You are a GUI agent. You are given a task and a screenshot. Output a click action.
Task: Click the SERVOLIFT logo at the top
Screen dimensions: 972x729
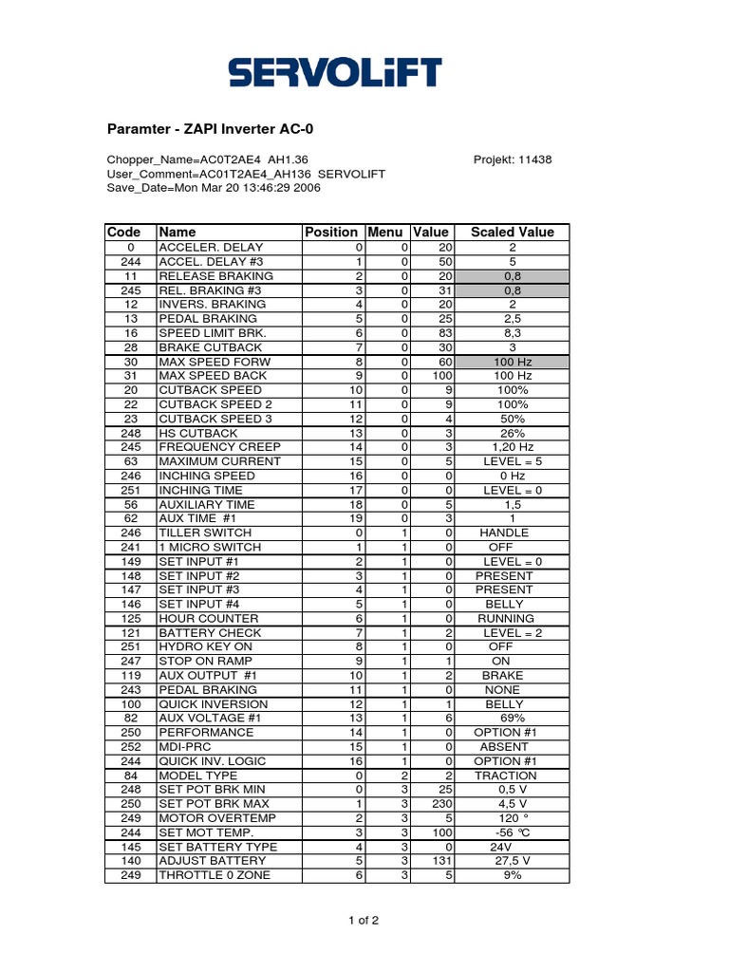coord(334,72)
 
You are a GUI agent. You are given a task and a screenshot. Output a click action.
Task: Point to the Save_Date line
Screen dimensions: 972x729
coord(214,188)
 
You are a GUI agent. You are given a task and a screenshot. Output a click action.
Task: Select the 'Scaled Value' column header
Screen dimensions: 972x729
coord(512,232)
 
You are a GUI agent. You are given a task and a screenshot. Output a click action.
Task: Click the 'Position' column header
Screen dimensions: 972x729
coord(331,232)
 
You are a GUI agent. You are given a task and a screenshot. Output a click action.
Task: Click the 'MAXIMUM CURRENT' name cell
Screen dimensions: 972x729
coord(219,461)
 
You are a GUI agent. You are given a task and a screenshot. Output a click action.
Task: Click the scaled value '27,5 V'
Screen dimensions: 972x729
coord(512,861)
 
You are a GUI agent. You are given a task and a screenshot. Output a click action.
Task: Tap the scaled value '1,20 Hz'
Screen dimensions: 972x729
coord(512,447)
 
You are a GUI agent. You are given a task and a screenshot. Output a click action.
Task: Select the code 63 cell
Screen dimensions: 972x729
coord(131,461)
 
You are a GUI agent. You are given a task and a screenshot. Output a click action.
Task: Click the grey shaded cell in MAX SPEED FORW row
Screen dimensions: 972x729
coord(512,362)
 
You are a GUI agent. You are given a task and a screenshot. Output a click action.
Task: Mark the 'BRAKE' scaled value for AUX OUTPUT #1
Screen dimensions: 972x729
coord(503,676)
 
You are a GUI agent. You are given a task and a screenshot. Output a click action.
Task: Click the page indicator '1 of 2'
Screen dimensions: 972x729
coord(364,920)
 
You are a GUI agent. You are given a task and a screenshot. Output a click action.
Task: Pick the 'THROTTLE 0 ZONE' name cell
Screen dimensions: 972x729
coord(215,875)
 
